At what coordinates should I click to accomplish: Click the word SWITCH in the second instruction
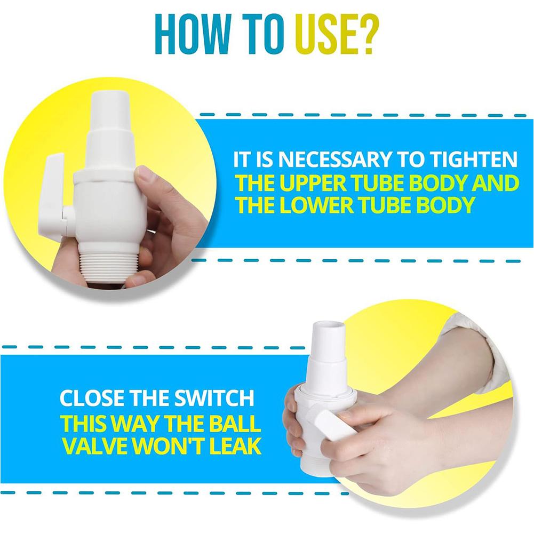214,397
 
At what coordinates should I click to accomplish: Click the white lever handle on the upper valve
51,194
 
